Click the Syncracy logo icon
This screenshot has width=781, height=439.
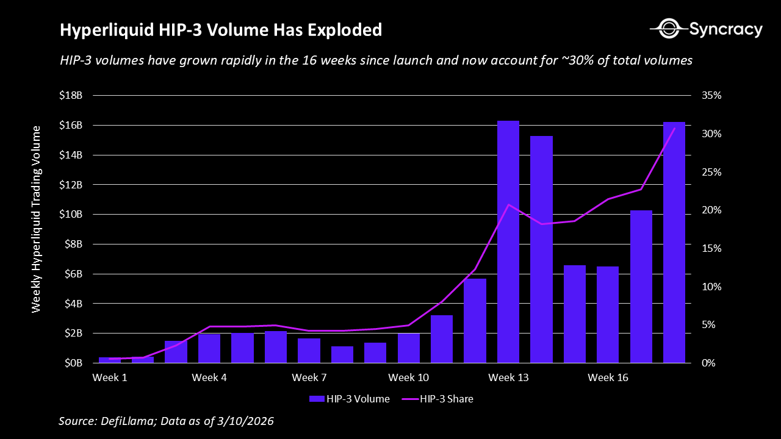point(668,28)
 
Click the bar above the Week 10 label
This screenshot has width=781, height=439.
point(409,348)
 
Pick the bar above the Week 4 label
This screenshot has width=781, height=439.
point(209,348)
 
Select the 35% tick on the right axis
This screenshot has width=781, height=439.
point(711,96)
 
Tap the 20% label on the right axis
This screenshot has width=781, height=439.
point(711,210)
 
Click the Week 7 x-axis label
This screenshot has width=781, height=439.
point(309,378)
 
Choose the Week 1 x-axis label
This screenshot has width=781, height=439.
point(110,378)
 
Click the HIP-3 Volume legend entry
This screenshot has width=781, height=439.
point(350,399)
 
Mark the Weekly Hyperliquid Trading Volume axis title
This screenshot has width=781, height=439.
point(37,220)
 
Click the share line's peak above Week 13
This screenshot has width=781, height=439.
point(509,204)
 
